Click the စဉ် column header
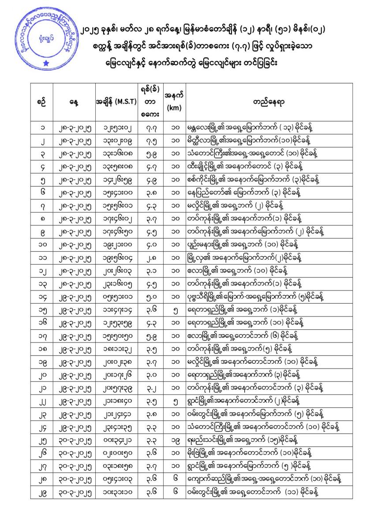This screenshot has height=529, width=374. pos(43,101)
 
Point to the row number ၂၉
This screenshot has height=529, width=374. pos(43,493)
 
